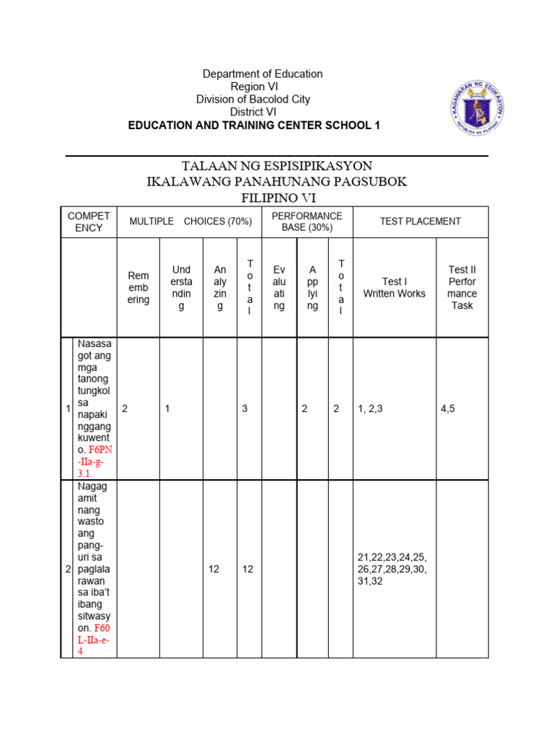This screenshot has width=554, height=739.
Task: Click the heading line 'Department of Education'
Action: (x=262, y=74)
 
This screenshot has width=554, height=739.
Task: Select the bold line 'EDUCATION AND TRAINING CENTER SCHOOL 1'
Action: (x=253, y=125)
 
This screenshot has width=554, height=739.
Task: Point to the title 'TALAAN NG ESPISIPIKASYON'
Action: (x=277, y=166)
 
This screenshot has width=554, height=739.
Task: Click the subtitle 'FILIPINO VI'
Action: (x=277, y=198)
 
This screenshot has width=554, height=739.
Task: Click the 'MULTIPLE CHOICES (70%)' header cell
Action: (x=190, y=222)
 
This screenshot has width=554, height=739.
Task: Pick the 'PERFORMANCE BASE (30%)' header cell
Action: (x=307, y=222)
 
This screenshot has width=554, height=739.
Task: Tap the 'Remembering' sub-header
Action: (x=138, y=288)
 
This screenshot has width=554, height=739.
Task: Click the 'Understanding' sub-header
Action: (x=181, y=288)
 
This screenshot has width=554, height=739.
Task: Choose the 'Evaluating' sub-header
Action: (x=279, y=288)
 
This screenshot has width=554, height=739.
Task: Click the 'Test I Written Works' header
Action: (x=394, y=288)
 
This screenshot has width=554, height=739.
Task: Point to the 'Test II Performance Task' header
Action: (x=462, y=288)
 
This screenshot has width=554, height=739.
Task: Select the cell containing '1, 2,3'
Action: (x=371, y=409)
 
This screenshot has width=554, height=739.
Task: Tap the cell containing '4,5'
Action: (x=448, y=409)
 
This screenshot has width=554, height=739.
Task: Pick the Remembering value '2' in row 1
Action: (x=125, y=409)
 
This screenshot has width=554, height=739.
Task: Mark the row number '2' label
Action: (x=68, y=569)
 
